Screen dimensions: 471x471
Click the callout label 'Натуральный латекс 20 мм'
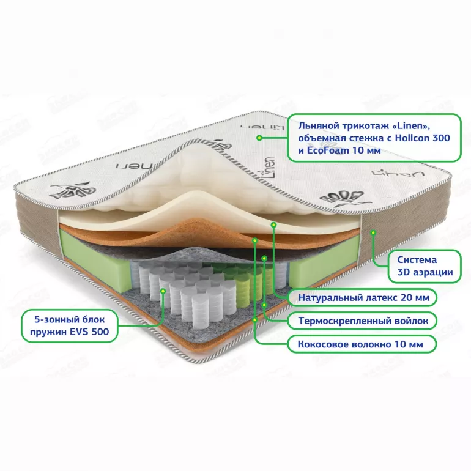pos(363,297)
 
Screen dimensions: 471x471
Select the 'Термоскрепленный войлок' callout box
pos(362,321)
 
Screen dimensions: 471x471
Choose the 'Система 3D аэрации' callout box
pos(425,266)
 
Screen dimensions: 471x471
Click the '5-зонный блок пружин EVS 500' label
pos(69,325)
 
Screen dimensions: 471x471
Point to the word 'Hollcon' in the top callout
pos(412,138)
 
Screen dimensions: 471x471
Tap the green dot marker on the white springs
pos(163,291)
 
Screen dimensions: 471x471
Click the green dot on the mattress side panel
pos(373,232)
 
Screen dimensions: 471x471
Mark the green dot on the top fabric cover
pos(259,138)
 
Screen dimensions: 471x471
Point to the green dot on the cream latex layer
pos(273,224)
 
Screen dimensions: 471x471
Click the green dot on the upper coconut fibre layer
pos(254,240)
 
